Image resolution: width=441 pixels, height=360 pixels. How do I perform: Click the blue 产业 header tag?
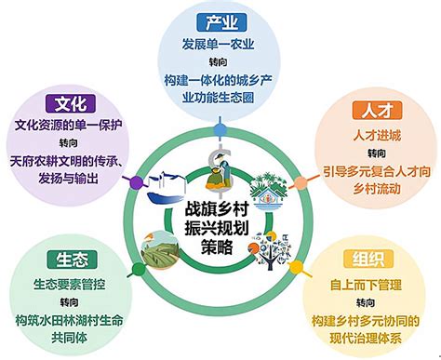220,22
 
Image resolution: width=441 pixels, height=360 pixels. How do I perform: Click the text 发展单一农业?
220,45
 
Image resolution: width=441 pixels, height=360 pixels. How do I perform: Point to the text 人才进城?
371,134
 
